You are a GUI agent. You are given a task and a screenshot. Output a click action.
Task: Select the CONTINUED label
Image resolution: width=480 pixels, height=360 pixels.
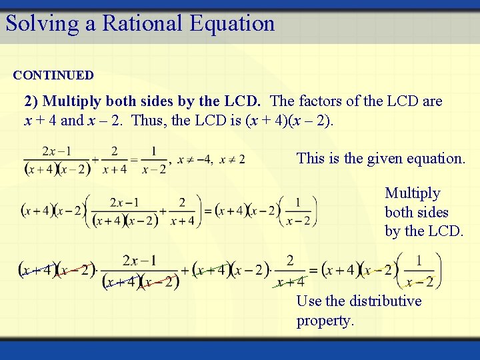pos(53,75)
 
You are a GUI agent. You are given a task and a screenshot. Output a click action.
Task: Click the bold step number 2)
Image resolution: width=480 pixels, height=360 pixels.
pos(31,101)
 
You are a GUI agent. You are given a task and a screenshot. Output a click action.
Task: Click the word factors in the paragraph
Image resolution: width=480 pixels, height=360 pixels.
pos(321,101)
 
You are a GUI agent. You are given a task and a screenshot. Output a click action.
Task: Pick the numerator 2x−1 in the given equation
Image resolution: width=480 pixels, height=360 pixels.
pos(57,152)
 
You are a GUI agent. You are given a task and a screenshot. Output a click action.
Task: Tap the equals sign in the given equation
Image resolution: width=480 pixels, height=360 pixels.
pos(134,160)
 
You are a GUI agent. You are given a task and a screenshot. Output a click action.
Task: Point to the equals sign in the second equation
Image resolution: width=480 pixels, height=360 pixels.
pos(207,211)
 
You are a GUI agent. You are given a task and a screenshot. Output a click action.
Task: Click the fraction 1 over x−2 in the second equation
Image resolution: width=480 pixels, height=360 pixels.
pos(297,211)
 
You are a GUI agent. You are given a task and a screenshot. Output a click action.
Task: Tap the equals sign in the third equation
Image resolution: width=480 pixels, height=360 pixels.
pos(313,270)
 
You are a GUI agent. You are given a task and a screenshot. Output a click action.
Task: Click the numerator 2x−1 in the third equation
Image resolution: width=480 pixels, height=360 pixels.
pos(140,260)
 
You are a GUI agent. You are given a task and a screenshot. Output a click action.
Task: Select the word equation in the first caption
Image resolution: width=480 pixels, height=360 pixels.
pos(436,159)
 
